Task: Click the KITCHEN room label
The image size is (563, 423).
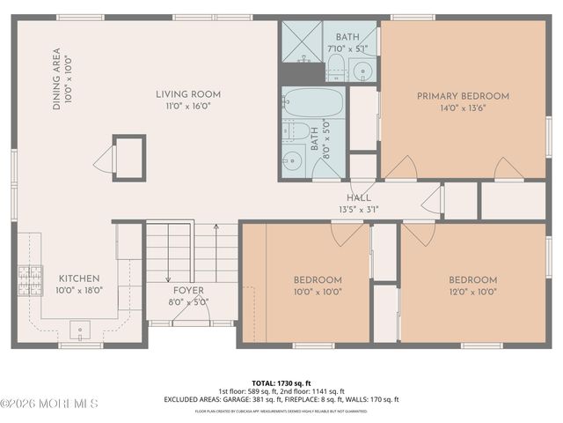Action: pyautogui.click(x=78, y=278)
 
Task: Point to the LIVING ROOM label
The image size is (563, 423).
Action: pyautogui.click(x=188, y=94)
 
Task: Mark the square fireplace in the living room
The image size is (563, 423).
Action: pyautogui.click(x=128, y=158)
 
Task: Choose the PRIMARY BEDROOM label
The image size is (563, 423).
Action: pyautogui.click(x=463, y=96)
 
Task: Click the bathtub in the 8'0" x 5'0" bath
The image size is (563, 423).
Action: pyautogui.click(x=313, y=102)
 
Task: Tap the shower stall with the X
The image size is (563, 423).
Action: pyautogui.click(x=301, y=41)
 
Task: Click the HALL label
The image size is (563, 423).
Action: pyautogui.click(x=358, y=198)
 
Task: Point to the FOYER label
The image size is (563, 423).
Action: pyautogui.click(x=188, y=290)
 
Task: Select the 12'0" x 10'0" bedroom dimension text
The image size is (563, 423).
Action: pyautogui.click(x=474, y=291)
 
